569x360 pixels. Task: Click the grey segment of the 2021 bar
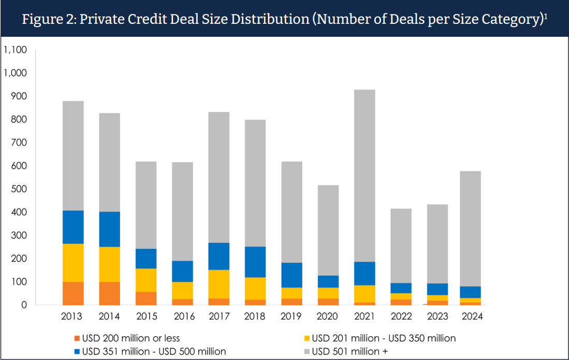[x=364, y=176]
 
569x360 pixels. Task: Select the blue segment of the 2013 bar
[x=73, y=227]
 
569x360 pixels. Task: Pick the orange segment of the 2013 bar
[x=73, y=293]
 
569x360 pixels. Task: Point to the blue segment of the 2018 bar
[x=255, y=262]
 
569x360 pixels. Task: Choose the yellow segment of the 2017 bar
[x=219, y=284]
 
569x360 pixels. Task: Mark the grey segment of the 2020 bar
[x=328, y=230]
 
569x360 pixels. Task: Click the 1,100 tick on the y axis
[x=15, y=50]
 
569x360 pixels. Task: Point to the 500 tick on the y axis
[x=19, y=189]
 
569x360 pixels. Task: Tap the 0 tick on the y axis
[x=24, y=305]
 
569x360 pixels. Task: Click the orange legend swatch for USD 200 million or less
[x=78, y=338]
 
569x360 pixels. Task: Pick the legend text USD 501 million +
[x=350, y=352]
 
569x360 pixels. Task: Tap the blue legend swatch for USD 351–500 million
[x=78, y=352]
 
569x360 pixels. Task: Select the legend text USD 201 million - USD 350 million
[x=384, y=338]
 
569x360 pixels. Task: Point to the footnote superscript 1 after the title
[x=546, y=16]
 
